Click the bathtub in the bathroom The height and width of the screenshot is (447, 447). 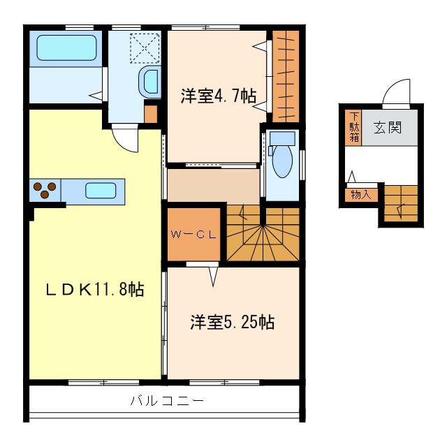66,47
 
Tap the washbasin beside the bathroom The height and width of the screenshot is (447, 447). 150,82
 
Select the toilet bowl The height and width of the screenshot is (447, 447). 282,161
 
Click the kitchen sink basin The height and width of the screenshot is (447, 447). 101,191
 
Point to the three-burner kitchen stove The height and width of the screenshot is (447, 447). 45,190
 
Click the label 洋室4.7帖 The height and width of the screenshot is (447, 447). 219,96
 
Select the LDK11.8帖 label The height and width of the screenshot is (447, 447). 95,289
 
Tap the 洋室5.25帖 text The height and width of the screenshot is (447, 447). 233,323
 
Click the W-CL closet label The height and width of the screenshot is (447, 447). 193,235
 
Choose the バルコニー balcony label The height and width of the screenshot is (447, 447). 167,401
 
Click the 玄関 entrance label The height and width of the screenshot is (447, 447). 388,127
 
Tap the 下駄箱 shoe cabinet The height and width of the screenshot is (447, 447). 353,127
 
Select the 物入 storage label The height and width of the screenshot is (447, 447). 361,195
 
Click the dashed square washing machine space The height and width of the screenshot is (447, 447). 145,48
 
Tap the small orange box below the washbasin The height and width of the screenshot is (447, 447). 151,114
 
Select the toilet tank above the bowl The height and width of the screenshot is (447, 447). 282,138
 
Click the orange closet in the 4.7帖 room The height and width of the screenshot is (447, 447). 286,76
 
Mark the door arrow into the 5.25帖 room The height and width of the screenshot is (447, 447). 213,277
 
